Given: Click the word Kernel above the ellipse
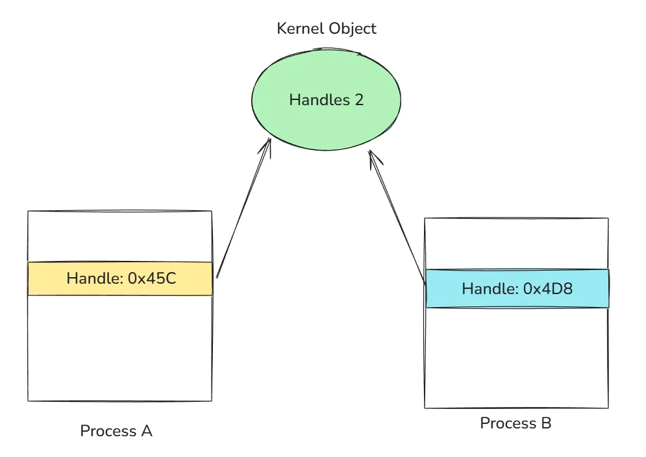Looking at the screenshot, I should coord(296,29).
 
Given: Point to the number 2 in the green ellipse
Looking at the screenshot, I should coord(359,100).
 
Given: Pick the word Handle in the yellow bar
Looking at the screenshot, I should coord(93,278).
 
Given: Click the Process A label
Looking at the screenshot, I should coord(116,431).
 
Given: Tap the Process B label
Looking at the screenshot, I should coord(516,423).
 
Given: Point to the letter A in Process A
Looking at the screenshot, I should coord(146,431).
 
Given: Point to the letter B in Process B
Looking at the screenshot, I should coord(545,423).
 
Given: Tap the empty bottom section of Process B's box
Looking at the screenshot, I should coord(516,357).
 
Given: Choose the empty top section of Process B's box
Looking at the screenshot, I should coord(516,243).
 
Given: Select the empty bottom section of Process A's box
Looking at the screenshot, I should coord(120,348).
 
